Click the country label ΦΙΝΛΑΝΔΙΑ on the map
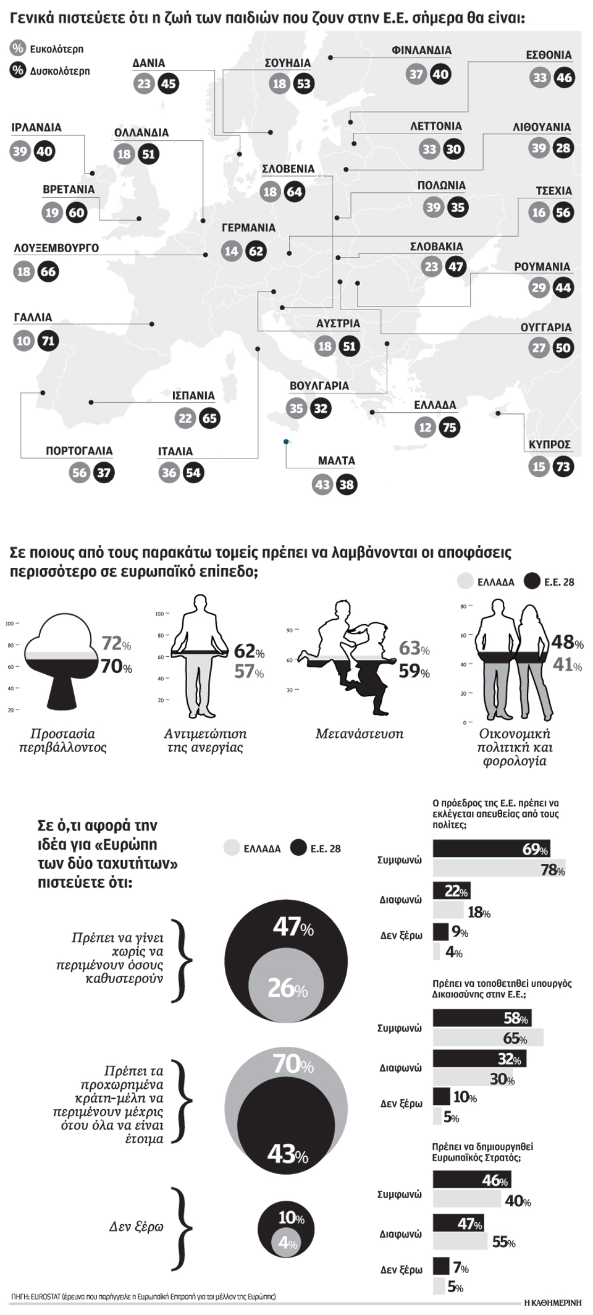click(421, 51)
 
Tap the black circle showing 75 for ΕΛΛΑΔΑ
click(449, 428)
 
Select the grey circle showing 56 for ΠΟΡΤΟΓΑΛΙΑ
click(80, 473)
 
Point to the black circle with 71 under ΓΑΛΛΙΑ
click(48, 341)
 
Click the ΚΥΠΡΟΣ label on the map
click(549, 444)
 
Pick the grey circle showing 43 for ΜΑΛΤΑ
click(322, 485)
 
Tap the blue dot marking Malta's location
click(285, 442)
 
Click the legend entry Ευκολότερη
click(56, 49)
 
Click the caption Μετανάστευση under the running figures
click(359, 734)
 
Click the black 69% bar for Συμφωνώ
click(491, 848)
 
